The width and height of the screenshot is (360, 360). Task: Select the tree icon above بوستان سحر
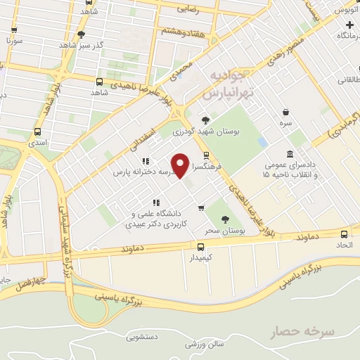click(226, 219)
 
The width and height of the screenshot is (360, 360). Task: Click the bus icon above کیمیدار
click(201, 247)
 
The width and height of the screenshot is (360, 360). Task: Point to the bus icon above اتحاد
click(344, 233)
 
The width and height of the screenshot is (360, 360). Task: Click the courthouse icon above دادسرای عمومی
click(290, 155)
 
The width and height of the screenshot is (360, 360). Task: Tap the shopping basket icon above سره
click(285, 112)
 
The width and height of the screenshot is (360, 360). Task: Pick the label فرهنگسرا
click(208, 169)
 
